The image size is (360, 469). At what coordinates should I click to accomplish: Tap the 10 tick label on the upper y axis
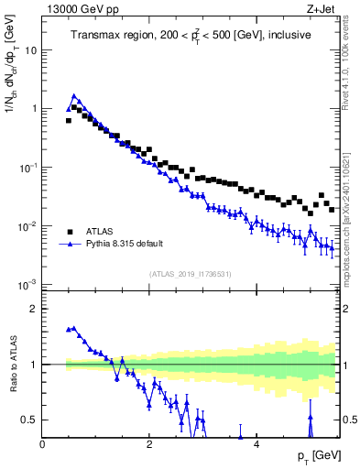pyautogui.click(x=30, y=49)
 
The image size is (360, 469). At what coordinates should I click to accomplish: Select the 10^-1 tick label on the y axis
pyautogui.click(x=27, y=167)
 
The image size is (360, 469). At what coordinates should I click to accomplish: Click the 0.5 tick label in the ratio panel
pyautogui.click(x=27, y=420)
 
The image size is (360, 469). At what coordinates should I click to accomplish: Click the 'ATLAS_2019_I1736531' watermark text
pyautogui.click(x=190, y=274)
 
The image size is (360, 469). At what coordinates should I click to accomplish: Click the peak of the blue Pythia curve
pyautogui.click(x=74, y=95)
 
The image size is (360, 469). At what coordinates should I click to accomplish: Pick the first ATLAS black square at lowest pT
pyautogui.click(x=68, y=120)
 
